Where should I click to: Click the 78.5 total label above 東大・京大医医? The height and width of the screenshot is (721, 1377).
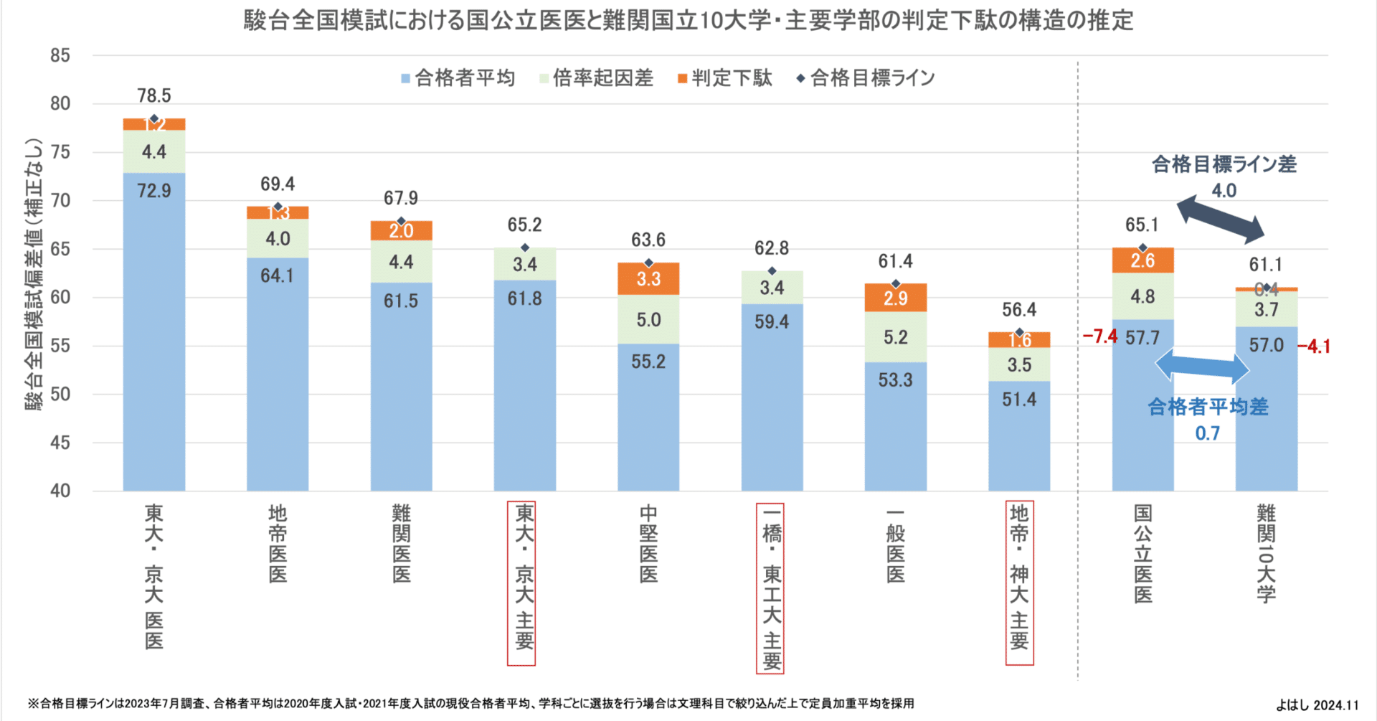tap(154, 95)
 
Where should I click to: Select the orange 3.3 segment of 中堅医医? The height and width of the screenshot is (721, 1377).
tap(648, 278)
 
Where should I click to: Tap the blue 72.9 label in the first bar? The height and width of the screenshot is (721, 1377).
tap(154, 191)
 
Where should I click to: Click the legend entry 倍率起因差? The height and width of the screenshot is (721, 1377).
tap(597, 78)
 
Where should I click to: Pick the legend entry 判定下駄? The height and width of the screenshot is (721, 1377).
tap(726, 78)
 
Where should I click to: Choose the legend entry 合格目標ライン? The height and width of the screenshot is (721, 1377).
tap(866, 78)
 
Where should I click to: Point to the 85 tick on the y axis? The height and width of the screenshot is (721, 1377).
tap(60, 56)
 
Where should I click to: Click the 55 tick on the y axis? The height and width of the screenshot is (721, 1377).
tap(60, 346)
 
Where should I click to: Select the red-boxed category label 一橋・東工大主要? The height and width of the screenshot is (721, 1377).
tap(770, 588)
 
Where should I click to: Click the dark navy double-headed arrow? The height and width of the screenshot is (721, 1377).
tap(1221, 220)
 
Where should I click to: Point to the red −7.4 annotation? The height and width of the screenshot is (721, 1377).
tap(1099, 336)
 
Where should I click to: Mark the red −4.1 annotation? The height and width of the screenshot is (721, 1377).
tap(1314, 347)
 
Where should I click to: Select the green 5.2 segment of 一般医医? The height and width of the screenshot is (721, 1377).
tap(895, 337)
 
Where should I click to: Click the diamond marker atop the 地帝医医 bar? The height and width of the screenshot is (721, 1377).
tap(278, 207)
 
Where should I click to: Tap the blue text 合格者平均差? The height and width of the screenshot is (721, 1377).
tap(1208, 407)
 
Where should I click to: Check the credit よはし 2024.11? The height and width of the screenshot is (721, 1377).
tap(1317, 705)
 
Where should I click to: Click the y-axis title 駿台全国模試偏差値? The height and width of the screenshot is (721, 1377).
tap(34, 273)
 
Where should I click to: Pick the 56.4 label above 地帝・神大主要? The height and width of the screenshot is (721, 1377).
tap(1018, 310)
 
